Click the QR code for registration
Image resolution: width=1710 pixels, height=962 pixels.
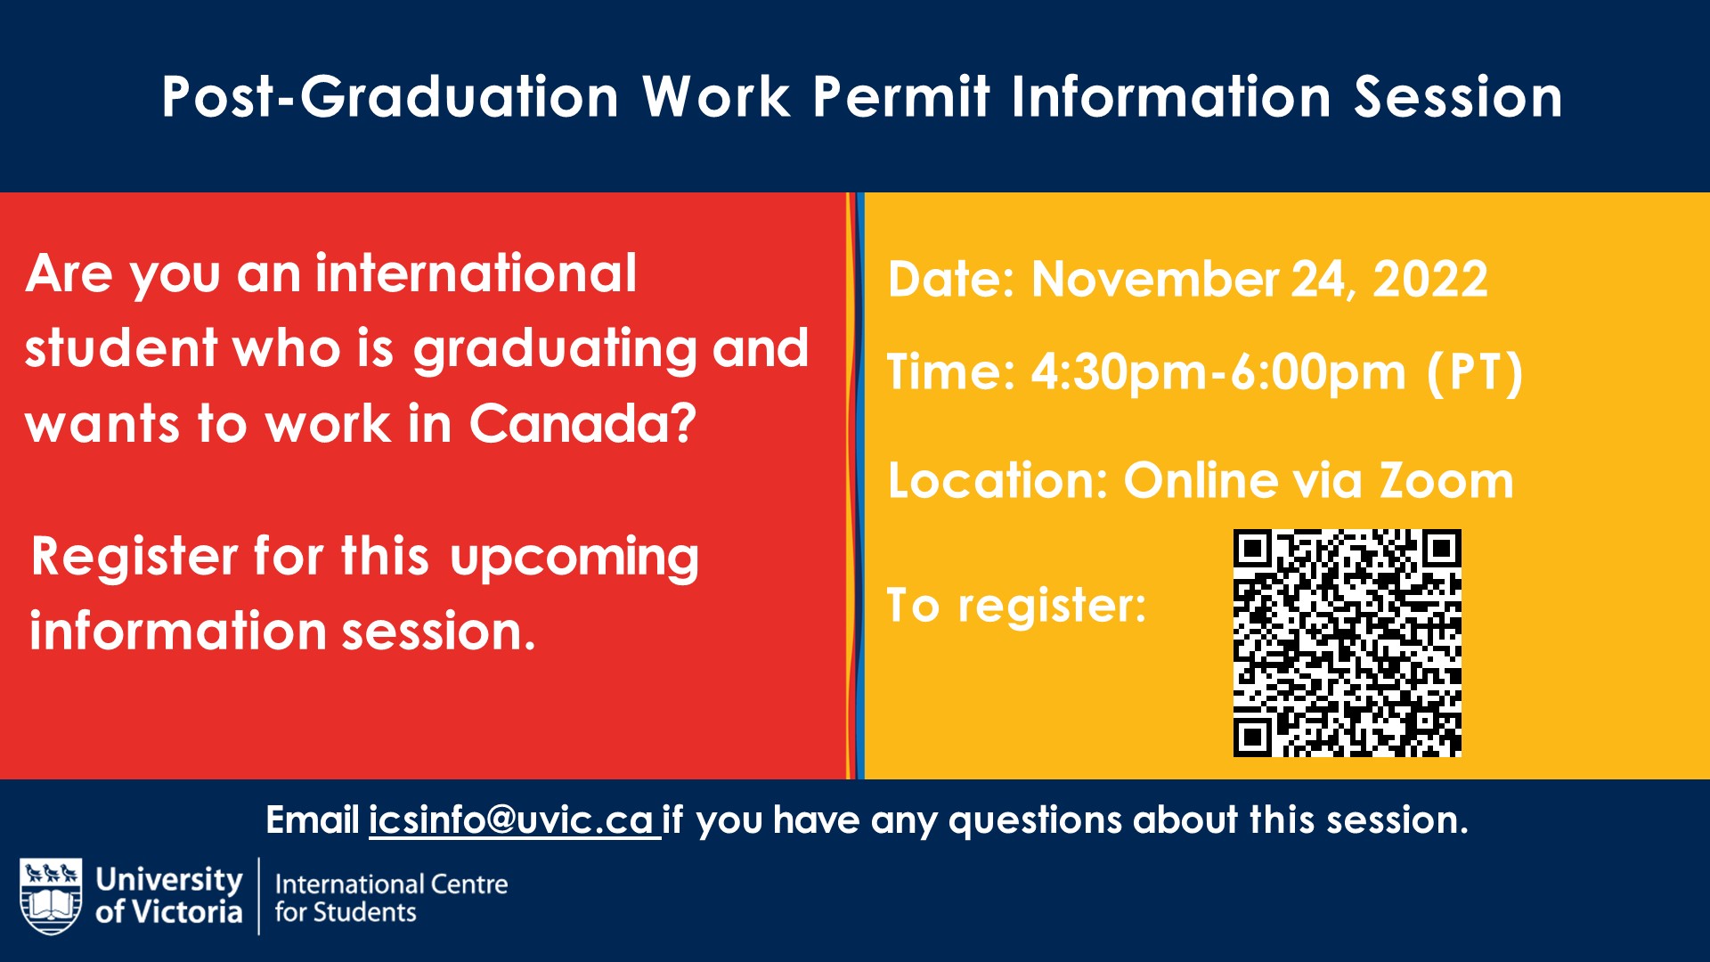point(1347,642)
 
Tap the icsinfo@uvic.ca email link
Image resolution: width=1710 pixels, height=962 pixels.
point(513,820)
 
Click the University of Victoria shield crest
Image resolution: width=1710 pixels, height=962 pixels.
point(51,895)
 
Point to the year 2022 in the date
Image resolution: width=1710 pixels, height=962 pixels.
point(1429,279)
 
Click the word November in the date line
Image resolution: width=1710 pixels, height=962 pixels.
point(1154,279)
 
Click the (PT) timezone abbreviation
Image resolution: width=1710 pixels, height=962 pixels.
point(1475,372)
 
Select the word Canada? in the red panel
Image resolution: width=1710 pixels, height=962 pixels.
point(582,423)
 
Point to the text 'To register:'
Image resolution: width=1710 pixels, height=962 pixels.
point(1016,606)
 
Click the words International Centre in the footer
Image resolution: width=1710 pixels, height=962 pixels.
point(391,885)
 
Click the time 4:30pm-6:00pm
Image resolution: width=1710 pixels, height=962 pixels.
point(1217,372)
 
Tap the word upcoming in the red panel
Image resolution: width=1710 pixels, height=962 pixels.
point(574,558)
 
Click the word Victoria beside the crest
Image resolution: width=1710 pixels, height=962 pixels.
point(187,912)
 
